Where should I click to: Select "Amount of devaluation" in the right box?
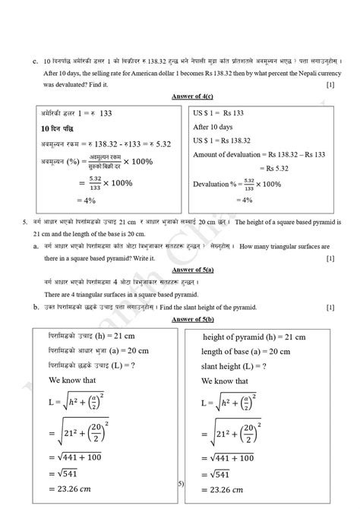pyautogui.click(x=228, y=155)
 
